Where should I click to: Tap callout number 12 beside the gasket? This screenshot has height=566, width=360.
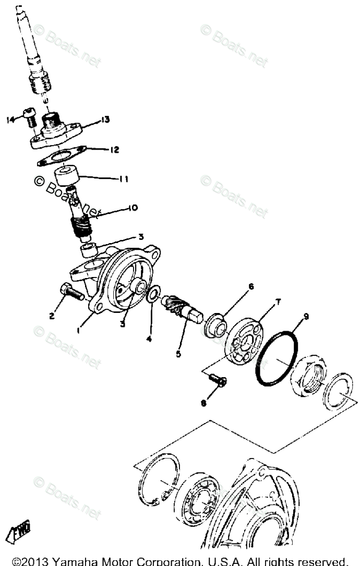(114, 150)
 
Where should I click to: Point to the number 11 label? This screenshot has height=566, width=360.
(123, 179)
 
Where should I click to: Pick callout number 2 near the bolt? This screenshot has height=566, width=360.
(52, 315)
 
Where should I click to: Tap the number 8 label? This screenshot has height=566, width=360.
(204, 403)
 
